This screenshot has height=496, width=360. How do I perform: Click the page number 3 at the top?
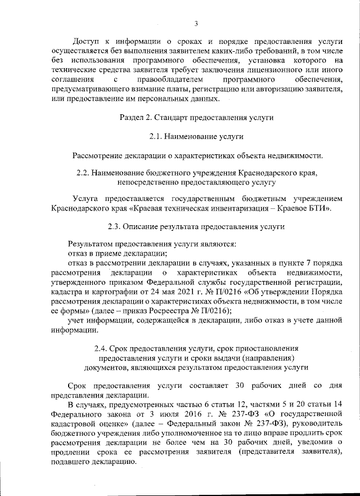[x=196, y=23]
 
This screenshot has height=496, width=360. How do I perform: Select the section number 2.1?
[x=157, y=136]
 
